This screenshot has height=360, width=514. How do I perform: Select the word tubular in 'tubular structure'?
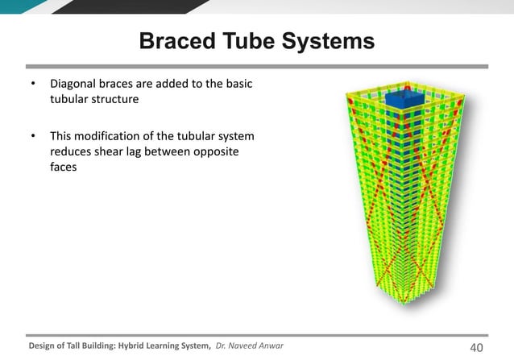pyautogui.click(x=69, y=101)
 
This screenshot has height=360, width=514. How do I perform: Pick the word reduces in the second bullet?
pyautogui.click(x=72, y=152)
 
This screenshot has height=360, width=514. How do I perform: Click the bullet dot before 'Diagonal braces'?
pyautogui.click(x=31, y=85)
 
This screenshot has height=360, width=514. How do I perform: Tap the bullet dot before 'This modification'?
pyautogui.click(x=31, y=135)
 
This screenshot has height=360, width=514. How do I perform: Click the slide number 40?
pyautogui.click(x=475, y=346)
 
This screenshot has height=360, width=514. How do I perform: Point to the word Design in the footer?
pyautogui.click(x=44, y=346)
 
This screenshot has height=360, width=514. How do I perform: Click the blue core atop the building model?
pyautogui.click(x=400, y=101)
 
